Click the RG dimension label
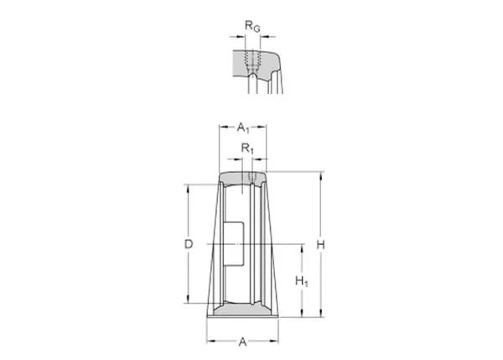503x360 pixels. [252, 26]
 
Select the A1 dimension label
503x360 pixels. [243, 128]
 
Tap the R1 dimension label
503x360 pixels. [247, 149]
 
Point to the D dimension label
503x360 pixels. [189, 244]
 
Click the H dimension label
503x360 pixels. [320, 245]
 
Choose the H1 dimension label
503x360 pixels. [302, 281]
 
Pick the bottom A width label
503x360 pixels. [242, 342]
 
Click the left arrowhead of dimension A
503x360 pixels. [210, 341]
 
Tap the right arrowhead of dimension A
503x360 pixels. [275, 341]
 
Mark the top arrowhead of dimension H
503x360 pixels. [320, 175]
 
